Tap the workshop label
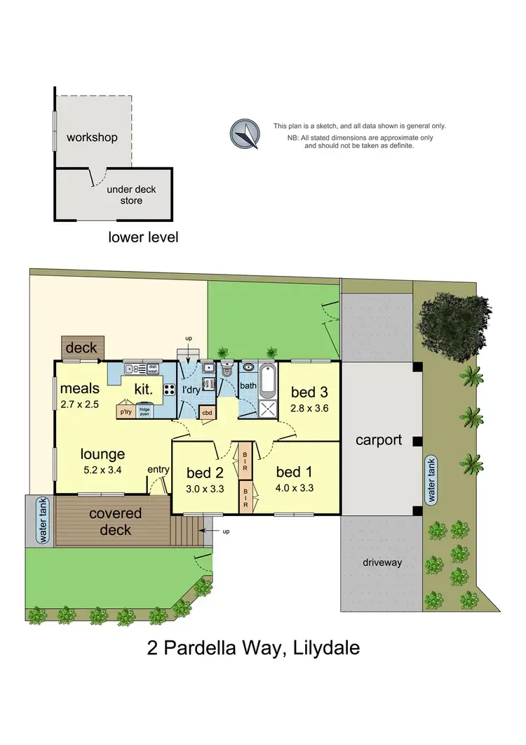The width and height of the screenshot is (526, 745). point(92,137)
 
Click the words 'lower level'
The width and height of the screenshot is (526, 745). point(143,237)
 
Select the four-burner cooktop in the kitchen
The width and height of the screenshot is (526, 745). point(170,389)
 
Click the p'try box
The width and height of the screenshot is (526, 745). point(126,411)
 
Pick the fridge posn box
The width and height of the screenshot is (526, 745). point(145,411)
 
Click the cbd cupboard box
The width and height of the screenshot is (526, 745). point(208,414)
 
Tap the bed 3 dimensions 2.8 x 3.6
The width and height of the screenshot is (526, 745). point(309,407)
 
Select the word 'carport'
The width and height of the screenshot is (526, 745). point(379,440)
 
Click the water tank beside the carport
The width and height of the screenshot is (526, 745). point(433,480)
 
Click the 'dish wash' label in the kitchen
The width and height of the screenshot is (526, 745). point(153,368)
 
